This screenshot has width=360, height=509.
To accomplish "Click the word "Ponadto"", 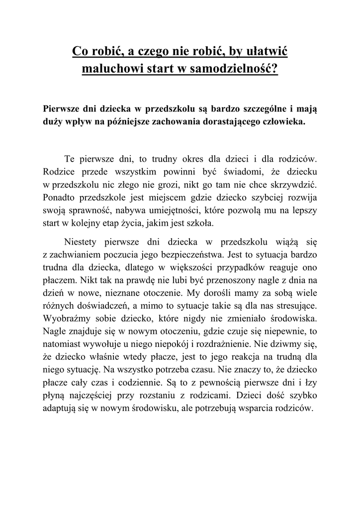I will pyautogui.click(x=60, y=197).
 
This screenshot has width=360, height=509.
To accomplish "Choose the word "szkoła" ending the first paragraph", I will pyautogui.click(x=203, y=223).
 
